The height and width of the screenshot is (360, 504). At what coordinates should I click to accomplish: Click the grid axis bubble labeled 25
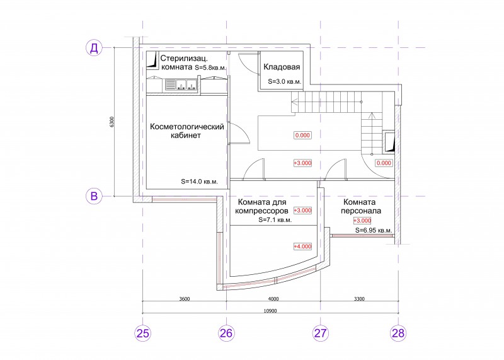(x=143, y=333)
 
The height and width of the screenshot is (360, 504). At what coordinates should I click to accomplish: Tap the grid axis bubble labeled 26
(x=226, y=333)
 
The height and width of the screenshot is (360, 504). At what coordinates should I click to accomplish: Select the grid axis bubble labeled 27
(x=321, y=333)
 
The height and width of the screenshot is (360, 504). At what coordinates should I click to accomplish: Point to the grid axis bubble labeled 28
(x=398, y=333)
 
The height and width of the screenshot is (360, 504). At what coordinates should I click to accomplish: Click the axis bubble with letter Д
(x=94, y=48)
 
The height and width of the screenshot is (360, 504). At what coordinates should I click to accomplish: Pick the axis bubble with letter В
(x=94, y=196)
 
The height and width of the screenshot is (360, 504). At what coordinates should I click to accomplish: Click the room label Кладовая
(x=282, y=67)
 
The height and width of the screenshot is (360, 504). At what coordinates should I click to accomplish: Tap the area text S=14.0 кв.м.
(x=199, y=182)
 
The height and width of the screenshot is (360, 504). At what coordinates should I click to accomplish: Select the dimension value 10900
(x=270, y=311)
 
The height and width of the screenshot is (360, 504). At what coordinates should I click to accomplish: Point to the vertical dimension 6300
(x=112, y=122)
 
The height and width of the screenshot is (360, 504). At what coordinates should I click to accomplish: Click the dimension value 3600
(x=185, y=299)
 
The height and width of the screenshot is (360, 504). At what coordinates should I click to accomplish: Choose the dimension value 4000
(x=273, y=299)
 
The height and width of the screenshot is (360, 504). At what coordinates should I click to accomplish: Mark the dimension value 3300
(x=359, y=299)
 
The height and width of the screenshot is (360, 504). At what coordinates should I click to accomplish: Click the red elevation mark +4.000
(x=302, y=247)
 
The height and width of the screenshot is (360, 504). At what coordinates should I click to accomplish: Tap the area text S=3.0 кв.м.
(x=285, y=82)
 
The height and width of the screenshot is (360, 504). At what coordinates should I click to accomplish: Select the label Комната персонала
(x=360, y=207)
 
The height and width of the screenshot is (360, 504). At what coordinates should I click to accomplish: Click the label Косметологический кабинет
(x=186, y=131)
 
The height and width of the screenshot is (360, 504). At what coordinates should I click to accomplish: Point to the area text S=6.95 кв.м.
(x=374, y=230)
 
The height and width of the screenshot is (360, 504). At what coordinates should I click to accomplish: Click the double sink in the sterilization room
(x=181, y=85)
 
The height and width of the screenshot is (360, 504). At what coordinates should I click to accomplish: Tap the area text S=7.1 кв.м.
(x=275, y=220)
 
